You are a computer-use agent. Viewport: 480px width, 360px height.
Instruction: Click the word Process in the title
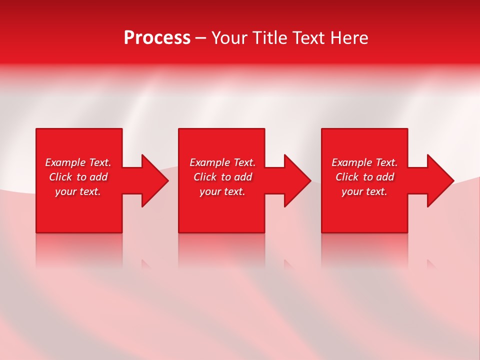[x=157, y=38]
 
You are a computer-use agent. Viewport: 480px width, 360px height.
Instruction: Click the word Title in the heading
[x=270, y=38]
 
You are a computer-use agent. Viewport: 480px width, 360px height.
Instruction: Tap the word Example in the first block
[x=65, y=162]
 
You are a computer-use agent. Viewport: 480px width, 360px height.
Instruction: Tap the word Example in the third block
[x=352, y=162]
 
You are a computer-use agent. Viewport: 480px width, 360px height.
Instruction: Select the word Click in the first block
[x=60, y=177]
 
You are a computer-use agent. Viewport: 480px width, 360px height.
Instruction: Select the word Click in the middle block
[x=205, y=177]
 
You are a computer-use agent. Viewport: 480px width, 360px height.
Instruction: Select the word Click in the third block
[x=347, y=177]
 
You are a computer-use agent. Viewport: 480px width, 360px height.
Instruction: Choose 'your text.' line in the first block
[x=78, y=191]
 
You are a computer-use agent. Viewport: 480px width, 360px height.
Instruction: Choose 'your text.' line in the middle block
[x=222, y=191]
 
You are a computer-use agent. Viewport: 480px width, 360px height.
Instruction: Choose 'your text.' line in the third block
[x=364, y=191]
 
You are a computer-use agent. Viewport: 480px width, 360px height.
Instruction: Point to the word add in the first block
[x=98, y=177]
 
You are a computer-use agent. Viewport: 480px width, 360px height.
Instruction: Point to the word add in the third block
[x=385, y=177]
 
